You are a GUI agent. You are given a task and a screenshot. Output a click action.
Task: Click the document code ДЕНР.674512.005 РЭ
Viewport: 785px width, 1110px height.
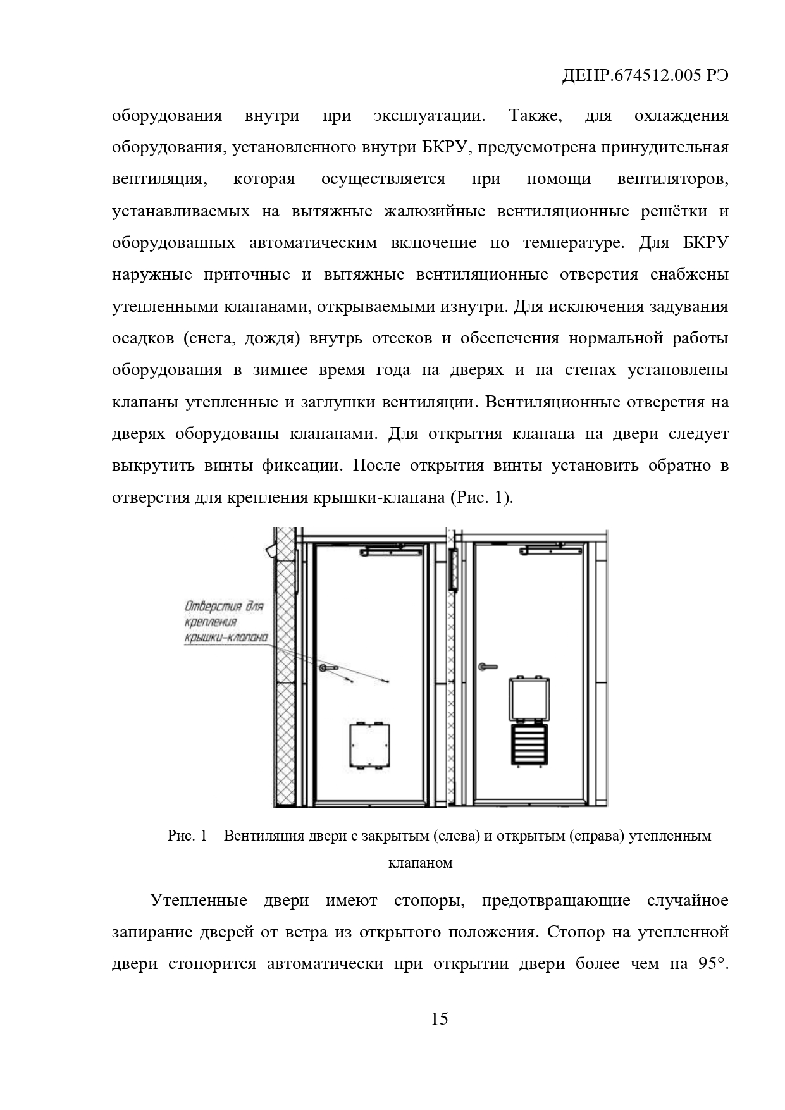[x=645, y=77]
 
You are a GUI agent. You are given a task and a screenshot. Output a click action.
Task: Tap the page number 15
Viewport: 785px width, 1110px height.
[x=439, y=1018]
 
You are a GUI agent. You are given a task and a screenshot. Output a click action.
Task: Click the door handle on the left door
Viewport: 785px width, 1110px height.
[x=329, y=667]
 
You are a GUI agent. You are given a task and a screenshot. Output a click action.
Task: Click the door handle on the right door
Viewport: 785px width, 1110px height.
[x=488, y=666]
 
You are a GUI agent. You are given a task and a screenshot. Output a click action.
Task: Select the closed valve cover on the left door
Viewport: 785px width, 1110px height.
[x=369, y=745]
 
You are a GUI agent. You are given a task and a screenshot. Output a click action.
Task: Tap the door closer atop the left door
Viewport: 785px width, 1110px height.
[x=390, y=552]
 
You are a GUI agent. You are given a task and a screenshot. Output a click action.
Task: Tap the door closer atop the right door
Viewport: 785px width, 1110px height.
[x=549, y=552]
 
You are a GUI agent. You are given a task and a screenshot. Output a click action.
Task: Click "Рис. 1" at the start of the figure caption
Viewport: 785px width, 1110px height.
[x=187, y=836]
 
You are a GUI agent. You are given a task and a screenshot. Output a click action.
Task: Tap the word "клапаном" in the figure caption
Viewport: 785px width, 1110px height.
[x=420, y=863]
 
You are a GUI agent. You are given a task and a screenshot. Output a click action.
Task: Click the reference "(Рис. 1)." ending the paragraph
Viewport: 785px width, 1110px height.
[x=482, y=498]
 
